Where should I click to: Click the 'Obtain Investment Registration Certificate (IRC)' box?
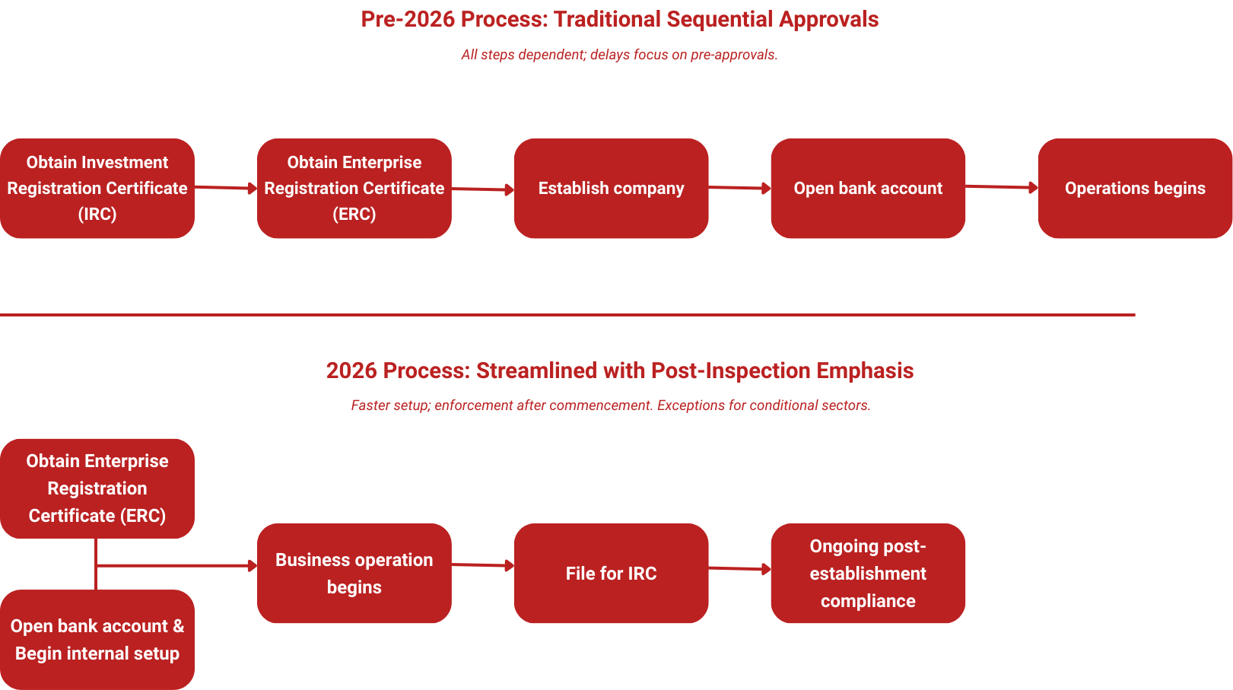click(x=97, y=188)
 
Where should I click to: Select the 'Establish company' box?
click(x=611, y=188)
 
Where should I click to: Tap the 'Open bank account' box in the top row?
click(x=868, y=188)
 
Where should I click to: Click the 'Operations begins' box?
click(x=1135, y=188)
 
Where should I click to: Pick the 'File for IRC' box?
click(x=611, y=573)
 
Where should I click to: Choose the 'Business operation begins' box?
click(x=354, y=573)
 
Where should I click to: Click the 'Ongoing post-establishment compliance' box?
click(x=868, y=573)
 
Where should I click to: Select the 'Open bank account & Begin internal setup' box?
click(x=97, y=639)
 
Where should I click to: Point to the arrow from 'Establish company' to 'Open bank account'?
click(x=739, y=187)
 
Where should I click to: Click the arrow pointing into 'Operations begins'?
click(x=1001, y=186)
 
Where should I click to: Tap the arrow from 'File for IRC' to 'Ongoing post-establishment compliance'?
click(x=739, y=568)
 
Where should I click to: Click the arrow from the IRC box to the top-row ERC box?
click(x=226, y=187)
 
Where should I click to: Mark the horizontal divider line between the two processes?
click(x=567, y=314)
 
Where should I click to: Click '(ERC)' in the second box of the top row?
click(x=354, y=214)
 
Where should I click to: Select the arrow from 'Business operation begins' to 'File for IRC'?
click(x=483, y=564)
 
